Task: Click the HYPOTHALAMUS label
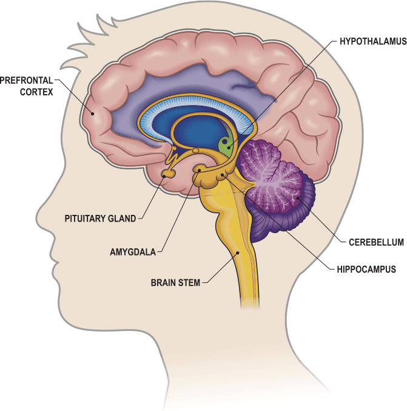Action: pos(373,41)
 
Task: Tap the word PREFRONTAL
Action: pos(27,80)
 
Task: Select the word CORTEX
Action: pos(36,92)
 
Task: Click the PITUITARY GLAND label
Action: pos(100,219)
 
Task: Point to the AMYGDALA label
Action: pos(133,252)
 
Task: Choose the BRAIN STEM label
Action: pos(175,282)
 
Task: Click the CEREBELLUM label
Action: pos(376,242)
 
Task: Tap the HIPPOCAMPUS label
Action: pos(366,269)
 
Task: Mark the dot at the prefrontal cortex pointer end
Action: pos(92,114)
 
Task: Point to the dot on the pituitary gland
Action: pos(164,176)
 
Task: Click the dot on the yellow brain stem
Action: pos(238,253)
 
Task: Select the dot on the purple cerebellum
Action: pos(298,198)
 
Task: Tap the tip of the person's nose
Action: pos(36,216)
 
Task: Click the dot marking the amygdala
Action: pos(200,171)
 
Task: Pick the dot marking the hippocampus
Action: pos(223,175)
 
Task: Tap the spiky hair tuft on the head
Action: pos(86,39)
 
